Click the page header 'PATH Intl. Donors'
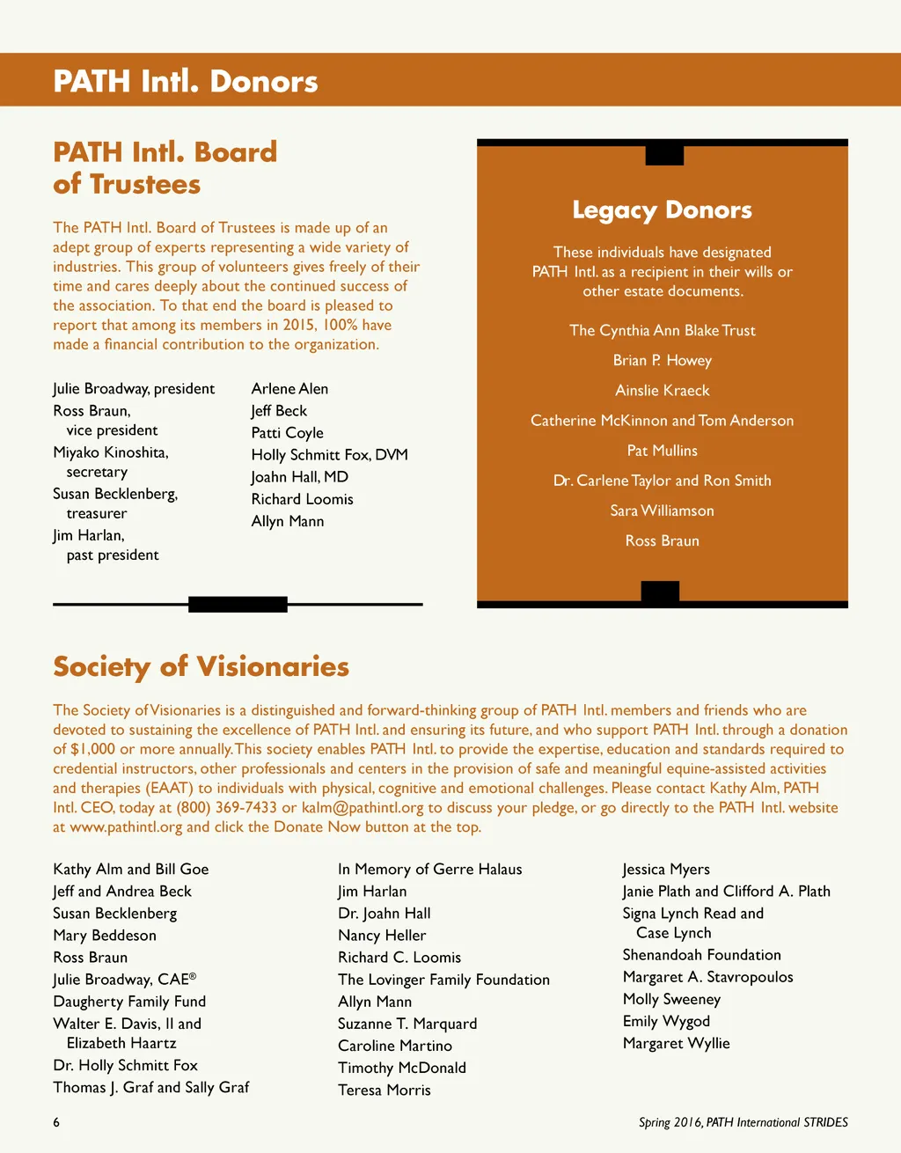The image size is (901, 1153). point(186,81)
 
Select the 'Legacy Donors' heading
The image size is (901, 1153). point(662,210)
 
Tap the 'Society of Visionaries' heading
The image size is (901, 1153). point(201,666)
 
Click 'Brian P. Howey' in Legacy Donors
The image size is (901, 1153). point(662,361)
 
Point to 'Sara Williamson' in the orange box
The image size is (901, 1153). point(662,510)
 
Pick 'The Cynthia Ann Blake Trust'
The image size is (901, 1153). point(662,331)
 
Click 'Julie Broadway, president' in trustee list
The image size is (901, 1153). point(134,389)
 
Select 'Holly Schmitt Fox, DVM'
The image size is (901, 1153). point(329,455)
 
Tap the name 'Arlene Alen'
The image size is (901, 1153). point(289,389)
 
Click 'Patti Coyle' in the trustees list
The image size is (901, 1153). point(287,433)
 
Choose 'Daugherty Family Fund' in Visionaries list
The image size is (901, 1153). point(129,1002)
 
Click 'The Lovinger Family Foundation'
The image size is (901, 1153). point(443,980)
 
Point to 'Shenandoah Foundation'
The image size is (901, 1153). point(701,955)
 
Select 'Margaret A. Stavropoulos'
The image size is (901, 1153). point(707,977)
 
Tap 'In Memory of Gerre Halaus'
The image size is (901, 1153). point(429,870)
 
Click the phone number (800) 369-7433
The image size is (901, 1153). point(226,808)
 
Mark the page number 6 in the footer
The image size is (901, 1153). point(56,1122)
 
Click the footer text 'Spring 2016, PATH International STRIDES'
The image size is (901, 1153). point(743,1122)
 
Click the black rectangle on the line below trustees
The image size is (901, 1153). point(238,605)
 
